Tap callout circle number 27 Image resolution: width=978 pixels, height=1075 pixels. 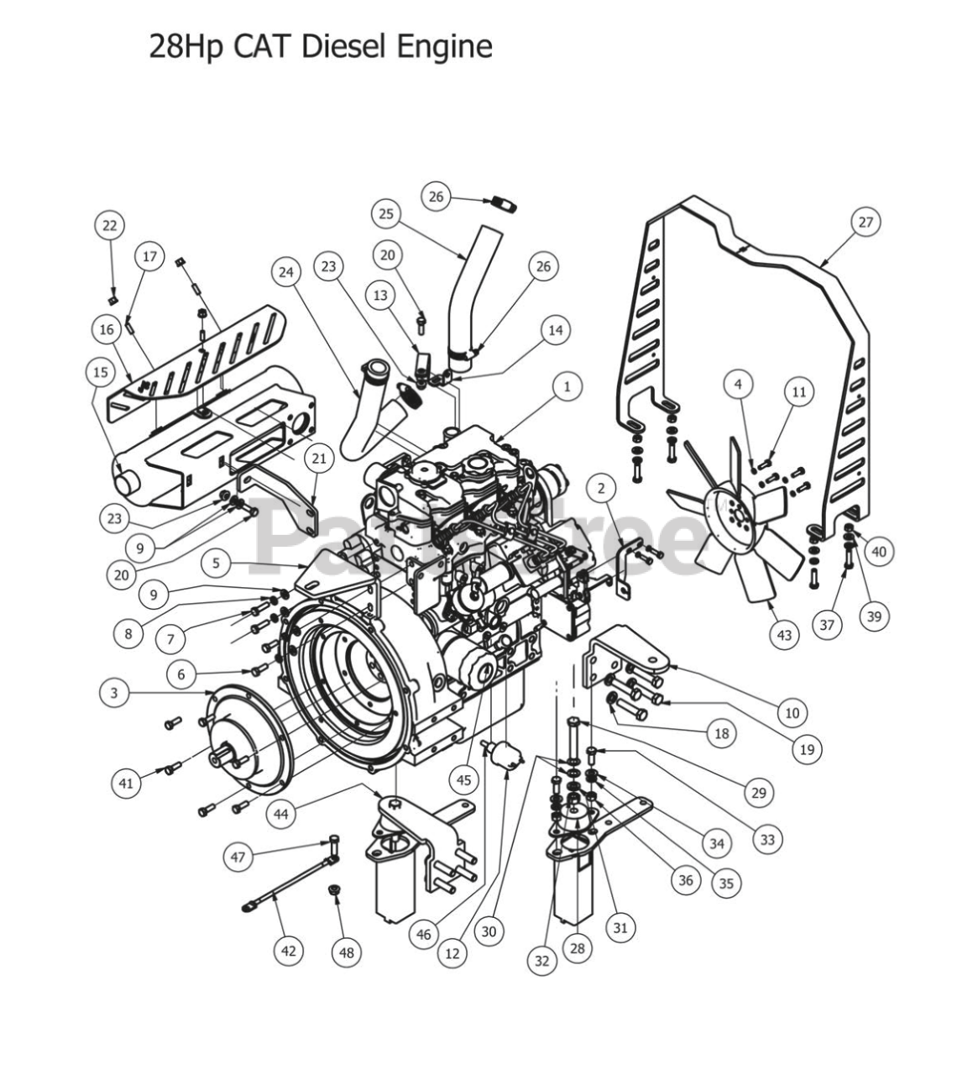[x=865, y=223]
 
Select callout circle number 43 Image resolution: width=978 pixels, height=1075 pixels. [x=784, y=635]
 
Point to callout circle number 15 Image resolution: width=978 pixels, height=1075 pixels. [x=101, y=371]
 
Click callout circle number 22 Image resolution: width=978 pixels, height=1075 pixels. [x=109, y=225]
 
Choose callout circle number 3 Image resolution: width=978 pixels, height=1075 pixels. [x=114, y=693]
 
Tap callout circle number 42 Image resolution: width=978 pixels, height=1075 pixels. [x=288, y=951]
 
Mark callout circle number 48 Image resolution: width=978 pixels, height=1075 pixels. [x=347, y=952]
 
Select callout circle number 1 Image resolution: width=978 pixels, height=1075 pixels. [x=567, y=386]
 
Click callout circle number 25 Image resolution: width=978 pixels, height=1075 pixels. [x=385, y=214]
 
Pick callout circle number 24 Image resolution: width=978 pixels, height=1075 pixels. [x=286, y=272]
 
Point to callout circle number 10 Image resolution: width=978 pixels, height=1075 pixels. [x=792, y=713]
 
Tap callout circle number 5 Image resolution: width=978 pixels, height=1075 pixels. [x=216, y=564]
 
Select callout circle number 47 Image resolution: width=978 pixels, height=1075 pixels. [x=238, y=857]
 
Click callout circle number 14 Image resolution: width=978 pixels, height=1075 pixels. [x=555, y=330]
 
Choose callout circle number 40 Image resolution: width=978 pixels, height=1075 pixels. [x=878, y=552]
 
